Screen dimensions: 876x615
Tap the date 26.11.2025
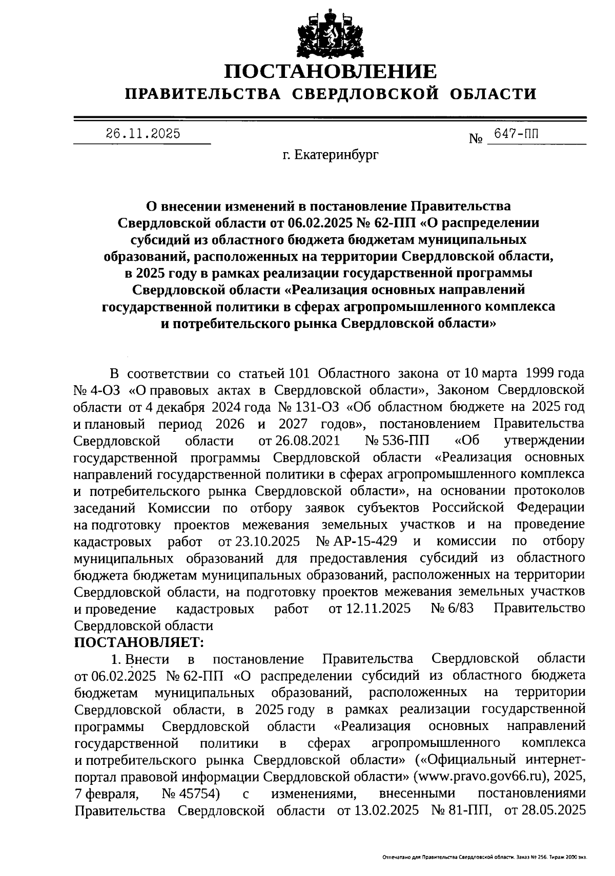point(143,134)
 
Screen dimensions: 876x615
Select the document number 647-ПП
point(516,134)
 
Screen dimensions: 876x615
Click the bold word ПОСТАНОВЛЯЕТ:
point(139,641)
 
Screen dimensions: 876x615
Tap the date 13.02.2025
point(384,810)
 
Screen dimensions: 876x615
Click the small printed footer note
point(484,857)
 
